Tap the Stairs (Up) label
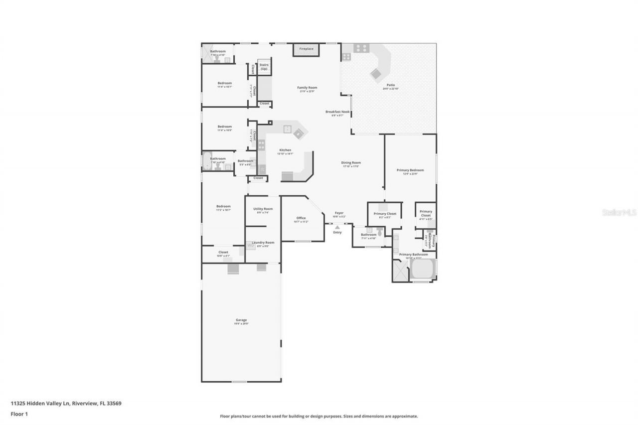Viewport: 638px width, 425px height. [x=264, y=67]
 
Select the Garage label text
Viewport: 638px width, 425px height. [x=241, y=320]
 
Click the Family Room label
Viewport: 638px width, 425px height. [x=307, y=88]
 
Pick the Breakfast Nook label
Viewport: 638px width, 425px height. [x=337, y=112]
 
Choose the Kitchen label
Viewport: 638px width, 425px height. [x=285, y=150]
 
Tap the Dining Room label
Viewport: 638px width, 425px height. [x=351, y=163]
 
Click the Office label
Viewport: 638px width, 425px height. [x=301, y=218]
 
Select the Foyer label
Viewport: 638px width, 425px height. [x=338, y=213]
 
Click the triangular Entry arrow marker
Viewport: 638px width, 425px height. [x=337, y=227]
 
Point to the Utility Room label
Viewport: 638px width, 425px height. [x=263, y=209]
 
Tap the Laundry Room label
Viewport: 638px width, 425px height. [x=263, y=243]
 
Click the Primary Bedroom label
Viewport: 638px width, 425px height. [x=410, y=170]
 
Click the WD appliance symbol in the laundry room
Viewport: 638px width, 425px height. [x=251, y=245]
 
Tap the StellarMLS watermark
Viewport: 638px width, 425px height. [x=619, y=212]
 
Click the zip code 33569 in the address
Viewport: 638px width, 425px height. [x=114, y=404]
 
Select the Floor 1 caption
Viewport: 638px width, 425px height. [x=19, y=414]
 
